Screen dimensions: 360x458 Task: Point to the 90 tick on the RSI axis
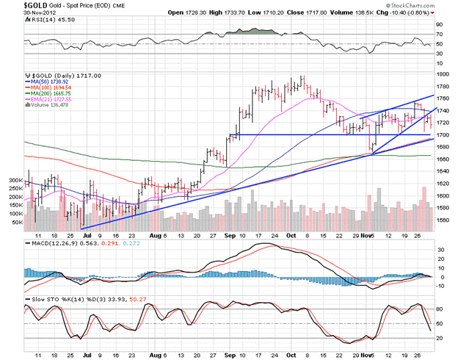click(x=439, y=26)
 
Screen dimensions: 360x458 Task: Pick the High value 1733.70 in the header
click(x=234, y=13)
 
